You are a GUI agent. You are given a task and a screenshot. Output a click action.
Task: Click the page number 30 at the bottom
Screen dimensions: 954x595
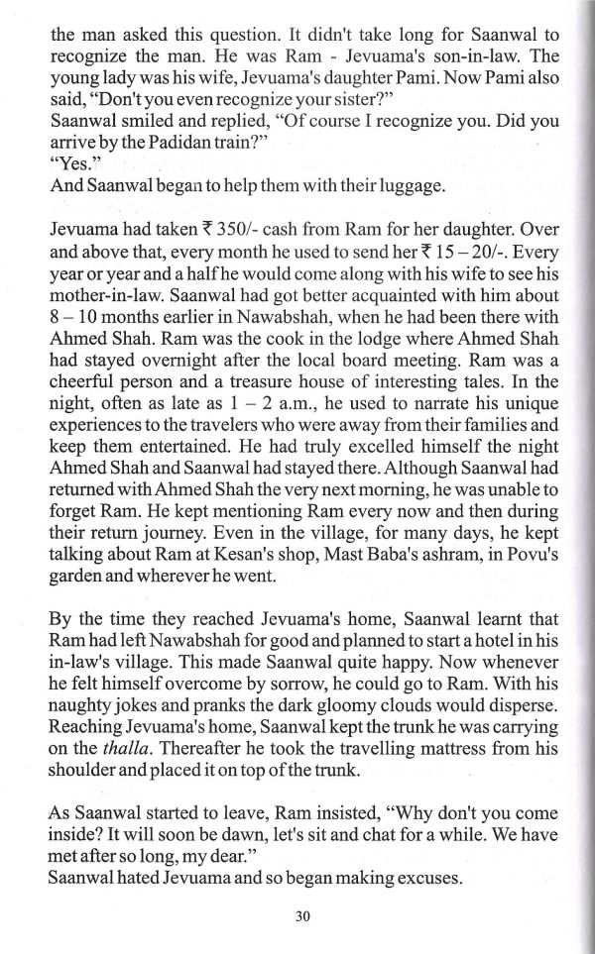click(x=303, y=916)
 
